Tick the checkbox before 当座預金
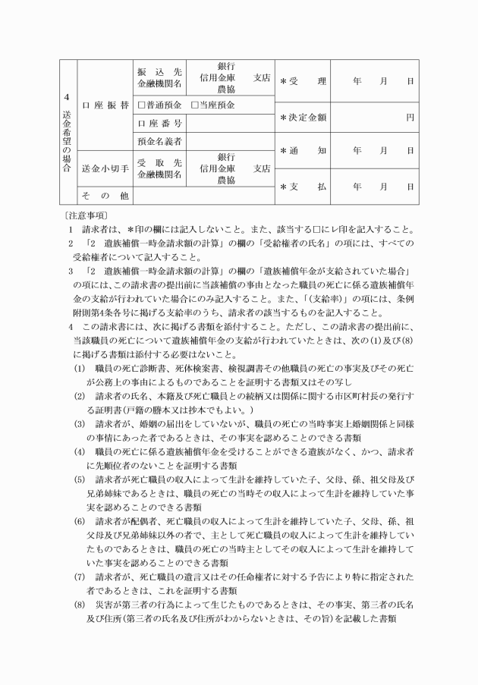(195, 104)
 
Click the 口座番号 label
(159, 123)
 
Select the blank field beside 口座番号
(229, 123)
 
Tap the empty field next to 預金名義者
(229, 141)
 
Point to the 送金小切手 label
(105, 168)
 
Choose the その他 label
(105, 194)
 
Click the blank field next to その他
(202, 195)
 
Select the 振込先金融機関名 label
(159, 77)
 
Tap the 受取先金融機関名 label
(159, 168)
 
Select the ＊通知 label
(303, 150)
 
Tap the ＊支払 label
(303, 187)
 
